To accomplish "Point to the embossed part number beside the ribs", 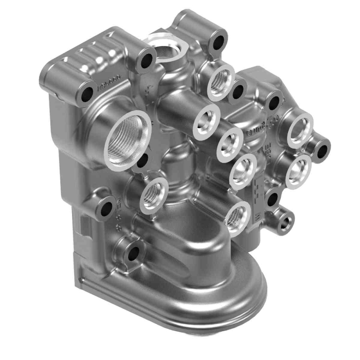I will tap(109, 81).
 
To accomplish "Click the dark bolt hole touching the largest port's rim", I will tap(142, 161).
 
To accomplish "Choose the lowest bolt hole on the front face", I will tap(133, 252).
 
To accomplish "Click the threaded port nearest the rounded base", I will tap(237, 219).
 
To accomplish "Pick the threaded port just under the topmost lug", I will tap(221, 81).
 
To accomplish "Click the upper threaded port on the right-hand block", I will tap(300, 129).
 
